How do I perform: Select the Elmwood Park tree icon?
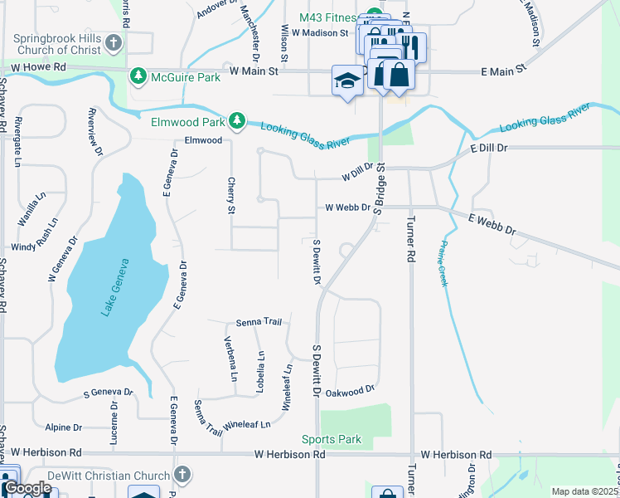[238, 121]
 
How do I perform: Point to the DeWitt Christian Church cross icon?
[182, 475]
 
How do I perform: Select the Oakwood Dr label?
[351, 389]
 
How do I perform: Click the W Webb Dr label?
[346, 207]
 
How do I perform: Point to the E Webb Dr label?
[492, 223]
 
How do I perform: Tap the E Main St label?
[504, 72]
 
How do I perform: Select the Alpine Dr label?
[64, 427]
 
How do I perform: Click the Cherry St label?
[231, 197]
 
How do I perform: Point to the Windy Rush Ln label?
[31, 247]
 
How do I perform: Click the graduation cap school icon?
[348, 81]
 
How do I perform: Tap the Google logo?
[27, 488]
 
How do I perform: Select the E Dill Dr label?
[487, 148]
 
